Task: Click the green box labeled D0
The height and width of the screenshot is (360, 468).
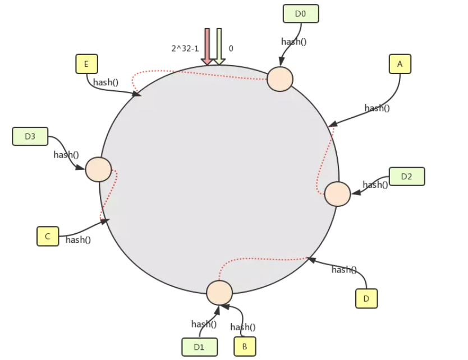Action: tap(300, 13)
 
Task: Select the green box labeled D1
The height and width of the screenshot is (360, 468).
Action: tap(199, 347)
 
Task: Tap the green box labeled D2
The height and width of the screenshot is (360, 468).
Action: tap(406, 176)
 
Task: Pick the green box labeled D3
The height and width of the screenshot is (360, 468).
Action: tap(30, 136)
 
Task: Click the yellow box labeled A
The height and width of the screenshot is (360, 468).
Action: tap(400, 64)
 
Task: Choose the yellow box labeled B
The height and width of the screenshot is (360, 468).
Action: tap(244, 346)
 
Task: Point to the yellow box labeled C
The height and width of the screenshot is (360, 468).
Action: tap(48, 236)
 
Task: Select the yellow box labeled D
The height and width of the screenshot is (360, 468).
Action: tap(366, 298)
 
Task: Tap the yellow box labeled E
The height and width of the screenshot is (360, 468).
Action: tap(86, 64)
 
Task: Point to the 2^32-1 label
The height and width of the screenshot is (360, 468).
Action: tap(185, 49)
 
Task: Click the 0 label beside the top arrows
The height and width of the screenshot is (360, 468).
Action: tap(231, 49)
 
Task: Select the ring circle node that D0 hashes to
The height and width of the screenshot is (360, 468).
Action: tap(279, 79)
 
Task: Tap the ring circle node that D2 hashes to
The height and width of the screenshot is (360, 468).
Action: tap(337, 193)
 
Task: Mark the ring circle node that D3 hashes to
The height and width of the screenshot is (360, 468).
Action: tap(98, 169)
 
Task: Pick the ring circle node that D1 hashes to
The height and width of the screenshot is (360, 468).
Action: tap(219, 293)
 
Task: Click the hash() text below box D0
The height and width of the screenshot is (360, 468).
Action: tap(293, 41)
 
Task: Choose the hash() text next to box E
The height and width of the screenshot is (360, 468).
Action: tap(105, 82)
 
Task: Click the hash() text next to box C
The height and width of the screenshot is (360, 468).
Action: tap(78, 239)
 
